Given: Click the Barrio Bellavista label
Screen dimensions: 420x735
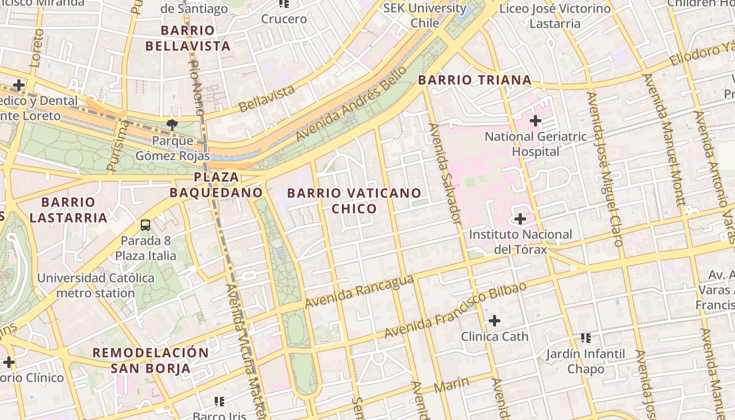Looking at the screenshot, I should pyautogui.click(x=187, y=38).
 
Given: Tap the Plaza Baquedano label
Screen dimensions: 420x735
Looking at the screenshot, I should pyautogui.click(x=216, y=184).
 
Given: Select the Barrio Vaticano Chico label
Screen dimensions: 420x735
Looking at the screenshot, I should pyautogui.click(x=354, y=201).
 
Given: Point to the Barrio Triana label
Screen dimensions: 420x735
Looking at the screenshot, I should pyautogui.click(x=475, y=80).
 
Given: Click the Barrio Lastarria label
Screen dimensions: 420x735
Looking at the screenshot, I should pyautogui.click(x=68, y=209).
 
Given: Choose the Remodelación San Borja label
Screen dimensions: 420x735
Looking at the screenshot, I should pyautogui.click(x=151, y=360).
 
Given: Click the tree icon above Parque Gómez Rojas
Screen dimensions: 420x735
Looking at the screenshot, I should pyautogui.click(x=172, y=124).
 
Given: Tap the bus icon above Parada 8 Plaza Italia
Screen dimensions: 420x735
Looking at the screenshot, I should pyautogui.click(x=145, y=225).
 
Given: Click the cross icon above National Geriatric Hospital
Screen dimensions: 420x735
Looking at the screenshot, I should pyautogui.click(x=535, y=121).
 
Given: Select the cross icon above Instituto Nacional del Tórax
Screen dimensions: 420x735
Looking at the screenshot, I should pyautogui.click(x=520, y=218).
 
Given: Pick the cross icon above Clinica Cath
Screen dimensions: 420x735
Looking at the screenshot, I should pyautogui.click(x=494, y=320).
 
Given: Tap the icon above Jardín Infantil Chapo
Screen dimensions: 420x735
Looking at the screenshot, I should pyautogui.click(x=586, y=338).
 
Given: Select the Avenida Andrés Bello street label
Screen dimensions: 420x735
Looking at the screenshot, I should pyautogui.click(x=351, y=103).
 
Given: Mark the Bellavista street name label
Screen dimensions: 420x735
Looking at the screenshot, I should pyautogui.click(x=267, y=99).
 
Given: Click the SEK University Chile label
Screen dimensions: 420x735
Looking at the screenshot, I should pyautogui.click(x=424, y=15).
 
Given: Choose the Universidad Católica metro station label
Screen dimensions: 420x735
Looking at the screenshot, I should pyautogui.click(x=96, y=285).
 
